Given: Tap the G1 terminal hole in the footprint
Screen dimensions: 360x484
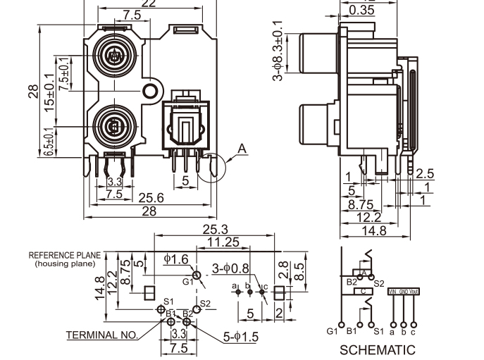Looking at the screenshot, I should click(x=197, y=273).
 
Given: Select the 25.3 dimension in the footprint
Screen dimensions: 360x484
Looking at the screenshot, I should click(x=215, y=230).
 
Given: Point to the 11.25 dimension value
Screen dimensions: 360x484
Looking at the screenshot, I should click(x=223, y=242).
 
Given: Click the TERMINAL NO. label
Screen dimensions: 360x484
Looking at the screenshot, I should click(x=102, y=335).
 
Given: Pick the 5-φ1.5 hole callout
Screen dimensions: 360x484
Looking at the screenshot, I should click(x=241, y=337).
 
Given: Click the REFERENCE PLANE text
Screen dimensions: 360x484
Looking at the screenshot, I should click(x=66, y=255).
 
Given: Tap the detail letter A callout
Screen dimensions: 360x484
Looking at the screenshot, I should click(x=242, y=149).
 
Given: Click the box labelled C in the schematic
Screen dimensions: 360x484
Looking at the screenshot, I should click(x=364, y=291).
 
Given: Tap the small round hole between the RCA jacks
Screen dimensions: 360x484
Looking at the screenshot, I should click(x=149, y=91).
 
